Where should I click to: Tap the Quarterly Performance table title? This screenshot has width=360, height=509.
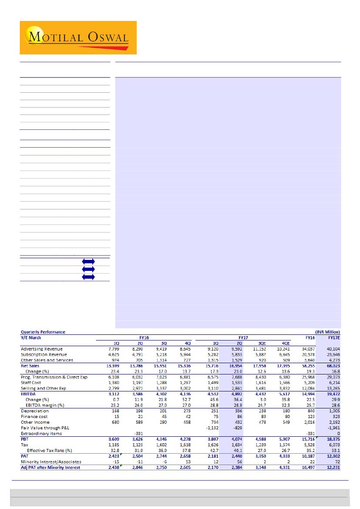pos(43,332)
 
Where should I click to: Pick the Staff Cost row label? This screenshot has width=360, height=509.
pos(31,382)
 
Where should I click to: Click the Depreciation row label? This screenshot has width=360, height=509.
pos(35,411)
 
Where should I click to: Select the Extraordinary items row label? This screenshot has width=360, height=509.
pos(41,433)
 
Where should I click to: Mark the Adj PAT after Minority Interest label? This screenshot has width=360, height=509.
pos(51,467)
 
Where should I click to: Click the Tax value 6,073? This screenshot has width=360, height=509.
pos(333,445)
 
